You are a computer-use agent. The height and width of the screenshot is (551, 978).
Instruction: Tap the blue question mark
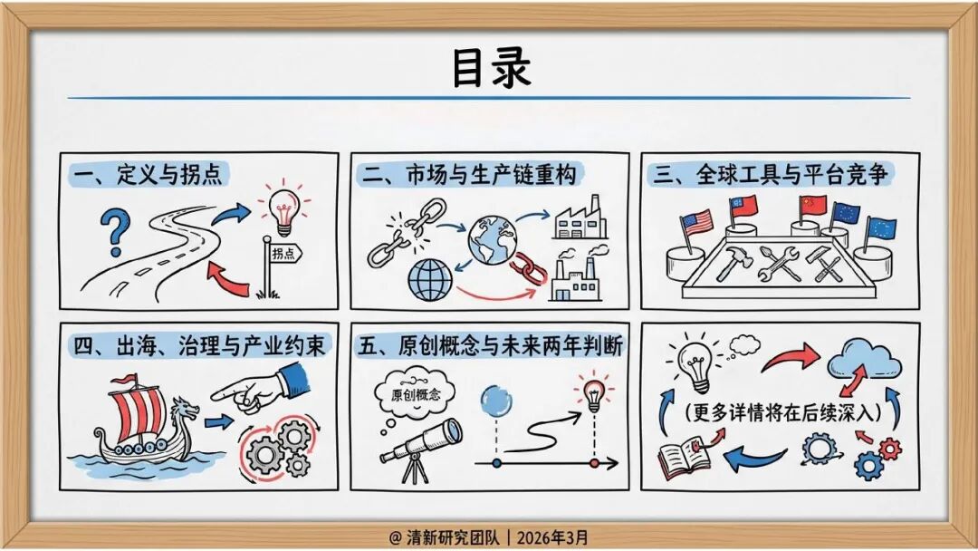pos(113,232)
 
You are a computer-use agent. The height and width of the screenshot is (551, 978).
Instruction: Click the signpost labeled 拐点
pos(283,255)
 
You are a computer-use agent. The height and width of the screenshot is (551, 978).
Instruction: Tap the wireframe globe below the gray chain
pos(429,280)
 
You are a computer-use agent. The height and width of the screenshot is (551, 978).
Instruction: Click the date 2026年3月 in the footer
pos(551,537)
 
